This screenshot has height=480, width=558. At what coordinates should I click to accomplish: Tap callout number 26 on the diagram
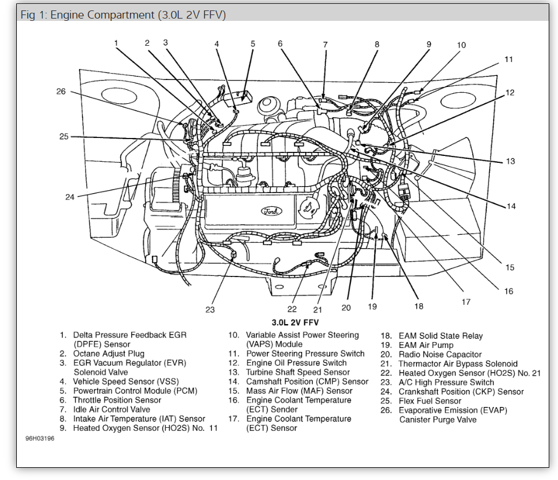click(61, 92)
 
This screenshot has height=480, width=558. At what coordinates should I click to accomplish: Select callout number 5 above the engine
click(253, 43)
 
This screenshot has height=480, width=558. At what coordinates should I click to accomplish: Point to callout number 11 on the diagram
click(508, 59)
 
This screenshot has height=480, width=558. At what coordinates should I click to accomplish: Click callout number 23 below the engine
click(210, 310)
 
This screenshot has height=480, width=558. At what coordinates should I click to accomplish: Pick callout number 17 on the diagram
click(466, 301)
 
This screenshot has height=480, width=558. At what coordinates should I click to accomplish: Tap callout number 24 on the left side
click(70, 197)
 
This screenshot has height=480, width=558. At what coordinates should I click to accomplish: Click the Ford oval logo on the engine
click(271, 211)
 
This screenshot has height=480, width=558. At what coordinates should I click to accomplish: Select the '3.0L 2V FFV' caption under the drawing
click(295, 322)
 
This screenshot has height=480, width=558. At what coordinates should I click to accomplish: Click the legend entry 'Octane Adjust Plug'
click(108, 354)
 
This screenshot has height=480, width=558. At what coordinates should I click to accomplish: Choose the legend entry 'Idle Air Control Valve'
click(111, 409)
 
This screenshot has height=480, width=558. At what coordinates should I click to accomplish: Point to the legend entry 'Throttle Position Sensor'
click(117, 400)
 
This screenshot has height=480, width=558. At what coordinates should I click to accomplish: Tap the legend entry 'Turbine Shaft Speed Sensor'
click(298, 372)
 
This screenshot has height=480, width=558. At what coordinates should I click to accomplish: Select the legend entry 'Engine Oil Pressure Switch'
click(296, 363)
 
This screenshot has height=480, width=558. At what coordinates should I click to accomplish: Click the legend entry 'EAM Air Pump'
click(426, 345)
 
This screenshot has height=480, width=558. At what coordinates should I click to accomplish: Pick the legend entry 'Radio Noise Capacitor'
click(440, 354)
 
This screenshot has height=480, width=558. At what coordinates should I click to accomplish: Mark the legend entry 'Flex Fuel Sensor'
click(430, 401)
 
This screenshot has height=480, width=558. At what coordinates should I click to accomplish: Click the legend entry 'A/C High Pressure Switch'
click(446, 382)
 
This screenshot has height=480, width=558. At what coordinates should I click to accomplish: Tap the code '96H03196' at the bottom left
click(39, 438)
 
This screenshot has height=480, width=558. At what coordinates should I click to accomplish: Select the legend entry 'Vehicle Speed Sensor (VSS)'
click(122, 381)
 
